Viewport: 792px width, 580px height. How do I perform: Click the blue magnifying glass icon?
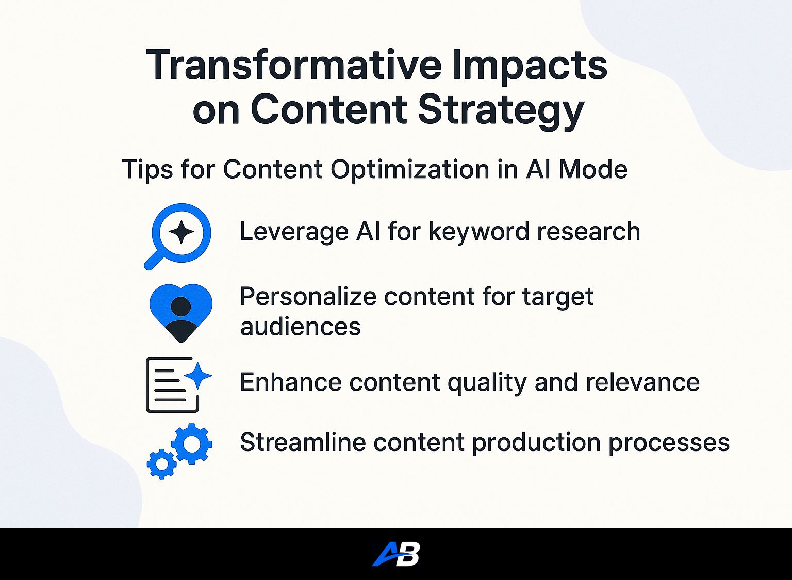point(177,236)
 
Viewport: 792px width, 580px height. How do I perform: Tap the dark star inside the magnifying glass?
point(181,232)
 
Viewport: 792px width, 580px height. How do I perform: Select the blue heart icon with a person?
point(180,313)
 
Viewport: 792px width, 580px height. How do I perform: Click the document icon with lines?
point(173,384)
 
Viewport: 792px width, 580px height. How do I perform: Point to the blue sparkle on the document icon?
point(199,376)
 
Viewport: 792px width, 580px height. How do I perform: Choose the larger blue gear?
point(192,444)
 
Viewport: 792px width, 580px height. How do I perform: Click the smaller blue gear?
point(161,464)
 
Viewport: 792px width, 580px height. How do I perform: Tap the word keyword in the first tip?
point(480,232)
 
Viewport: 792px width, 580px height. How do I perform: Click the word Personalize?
point(308,296)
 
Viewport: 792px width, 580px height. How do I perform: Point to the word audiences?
point(301,326)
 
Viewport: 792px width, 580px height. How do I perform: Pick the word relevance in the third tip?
point(642,382)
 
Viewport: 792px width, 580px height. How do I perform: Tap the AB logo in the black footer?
point(396,554)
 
